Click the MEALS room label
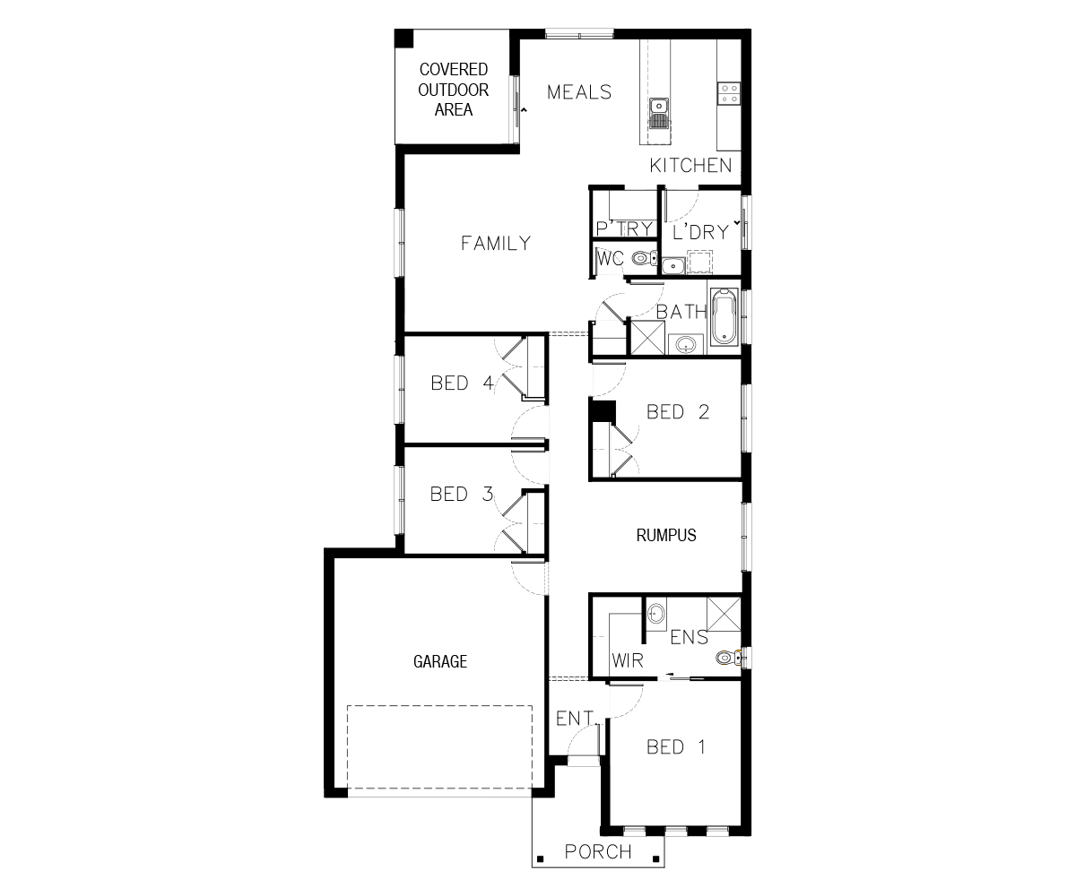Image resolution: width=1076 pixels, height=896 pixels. tap(579, 92)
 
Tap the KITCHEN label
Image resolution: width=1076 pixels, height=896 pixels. tap(690, 166)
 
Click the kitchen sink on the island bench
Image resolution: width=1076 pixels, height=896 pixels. tap(658, 114)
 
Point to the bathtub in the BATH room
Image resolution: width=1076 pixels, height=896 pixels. tap(724, 317)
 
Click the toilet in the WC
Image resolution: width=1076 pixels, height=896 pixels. tap(644, 257)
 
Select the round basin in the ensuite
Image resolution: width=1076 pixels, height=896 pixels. tap(656, 614)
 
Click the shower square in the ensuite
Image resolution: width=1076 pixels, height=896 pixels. tap(724, 614)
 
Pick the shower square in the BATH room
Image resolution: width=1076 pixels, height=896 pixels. tap(647, 337)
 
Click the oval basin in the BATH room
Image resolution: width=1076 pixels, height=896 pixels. tap(686, 344)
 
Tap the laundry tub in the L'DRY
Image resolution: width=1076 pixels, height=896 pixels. tap(673, 266)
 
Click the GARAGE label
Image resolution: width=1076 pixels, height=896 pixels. tap(440, 661)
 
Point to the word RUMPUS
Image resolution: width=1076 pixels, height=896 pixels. tap(666, 536)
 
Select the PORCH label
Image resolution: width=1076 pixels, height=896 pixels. tap(598, 852)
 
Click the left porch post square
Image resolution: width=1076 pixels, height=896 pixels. tap(540, 858)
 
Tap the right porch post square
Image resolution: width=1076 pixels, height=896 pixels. tap(656, 858)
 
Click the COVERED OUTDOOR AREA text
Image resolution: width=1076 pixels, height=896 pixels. tap(454, 90)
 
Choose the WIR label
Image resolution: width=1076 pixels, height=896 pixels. tap(628, 660)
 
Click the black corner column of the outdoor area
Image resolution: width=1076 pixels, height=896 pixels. tap(404, 39)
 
